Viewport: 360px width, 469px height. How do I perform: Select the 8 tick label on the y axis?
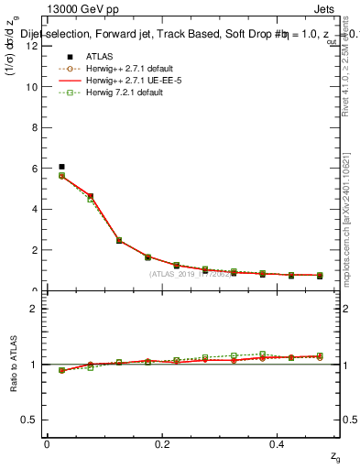[x=33, y=128]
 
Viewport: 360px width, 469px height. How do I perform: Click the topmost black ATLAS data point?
[x=61, y=167]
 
